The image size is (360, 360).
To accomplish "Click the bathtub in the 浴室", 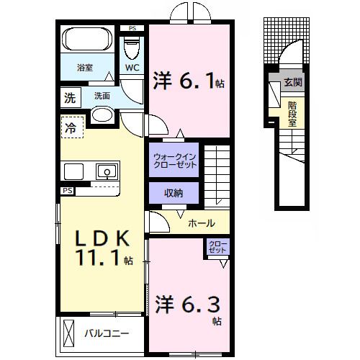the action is coord(87,39).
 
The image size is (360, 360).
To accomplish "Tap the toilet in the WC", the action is coord(132,48).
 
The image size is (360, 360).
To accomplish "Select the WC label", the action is coord(132,68).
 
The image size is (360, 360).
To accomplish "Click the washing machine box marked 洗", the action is coord(70,98).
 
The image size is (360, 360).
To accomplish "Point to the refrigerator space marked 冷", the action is coord(72,127).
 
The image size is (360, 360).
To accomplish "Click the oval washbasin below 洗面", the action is coord(102,115).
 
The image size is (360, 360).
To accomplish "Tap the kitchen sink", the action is coord(107,171).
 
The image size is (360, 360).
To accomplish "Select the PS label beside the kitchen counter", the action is coord(68,191).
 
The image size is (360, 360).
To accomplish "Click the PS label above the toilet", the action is coord(132,28).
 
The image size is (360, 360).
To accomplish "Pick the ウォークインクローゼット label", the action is coord(175,161).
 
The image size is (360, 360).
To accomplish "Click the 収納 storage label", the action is coord(174,193).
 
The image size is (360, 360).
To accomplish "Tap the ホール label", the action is coord(202,223).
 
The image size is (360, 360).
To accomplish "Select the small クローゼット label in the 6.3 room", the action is coord(217,247).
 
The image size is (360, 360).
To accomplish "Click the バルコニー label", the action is coord(107,333).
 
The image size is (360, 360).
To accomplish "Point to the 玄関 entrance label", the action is coord(293,82).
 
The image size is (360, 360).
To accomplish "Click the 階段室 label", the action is coord(292,114).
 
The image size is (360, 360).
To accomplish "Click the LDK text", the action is coord(103,238).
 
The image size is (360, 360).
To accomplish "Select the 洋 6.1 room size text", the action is coord(189,81).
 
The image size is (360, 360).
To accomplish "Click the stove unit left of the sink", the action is coord(73,171).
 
